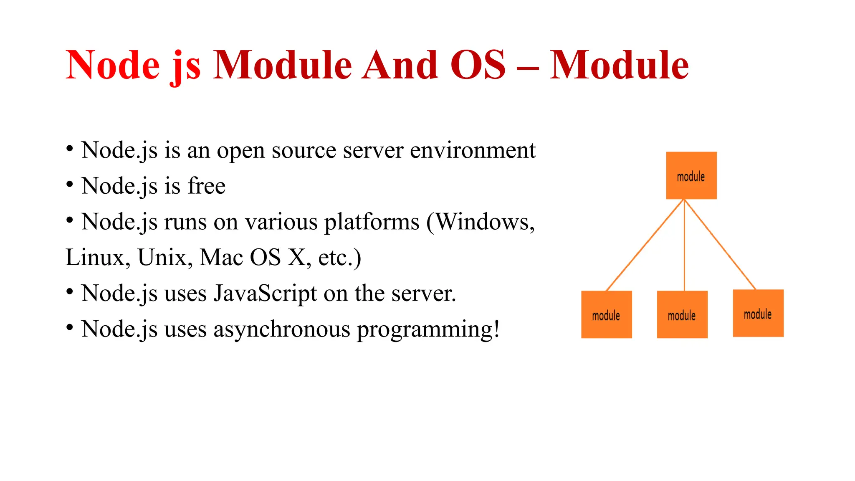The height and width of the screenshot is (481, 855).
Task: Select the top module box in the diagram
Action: coord(691,175)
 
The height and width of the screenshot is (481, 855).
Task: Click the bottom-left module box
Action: coord(606,314)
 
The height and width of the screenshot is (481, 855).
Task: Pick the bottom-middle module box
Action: coord(682,314)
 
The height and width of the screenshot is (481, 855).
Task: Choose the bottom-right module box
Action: coord(758,313)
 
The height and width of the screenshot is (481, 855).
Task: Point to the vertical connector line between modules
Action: coord(684,246)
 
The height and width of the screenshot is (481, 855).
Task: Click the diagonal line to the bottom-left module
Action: coord(645,246)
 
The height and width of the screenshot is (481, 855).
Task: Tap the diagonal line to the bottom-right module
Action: coord(720,245)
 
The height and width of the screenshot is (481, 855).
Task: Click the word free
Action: coord(206,186)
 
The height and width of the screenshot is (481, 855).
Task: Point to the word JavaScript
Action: coord(265,294)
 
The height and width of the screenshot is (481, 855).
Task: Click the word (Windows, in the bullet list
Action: coord(481,222)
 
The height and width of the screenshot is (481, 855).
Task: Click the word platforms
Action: coord(372,223)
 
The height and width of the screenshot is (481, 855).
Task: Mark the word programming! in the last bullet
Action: coord(428,330)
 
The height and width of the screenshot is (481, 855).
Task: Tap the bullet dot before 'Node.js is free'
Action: coord(70,184)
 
